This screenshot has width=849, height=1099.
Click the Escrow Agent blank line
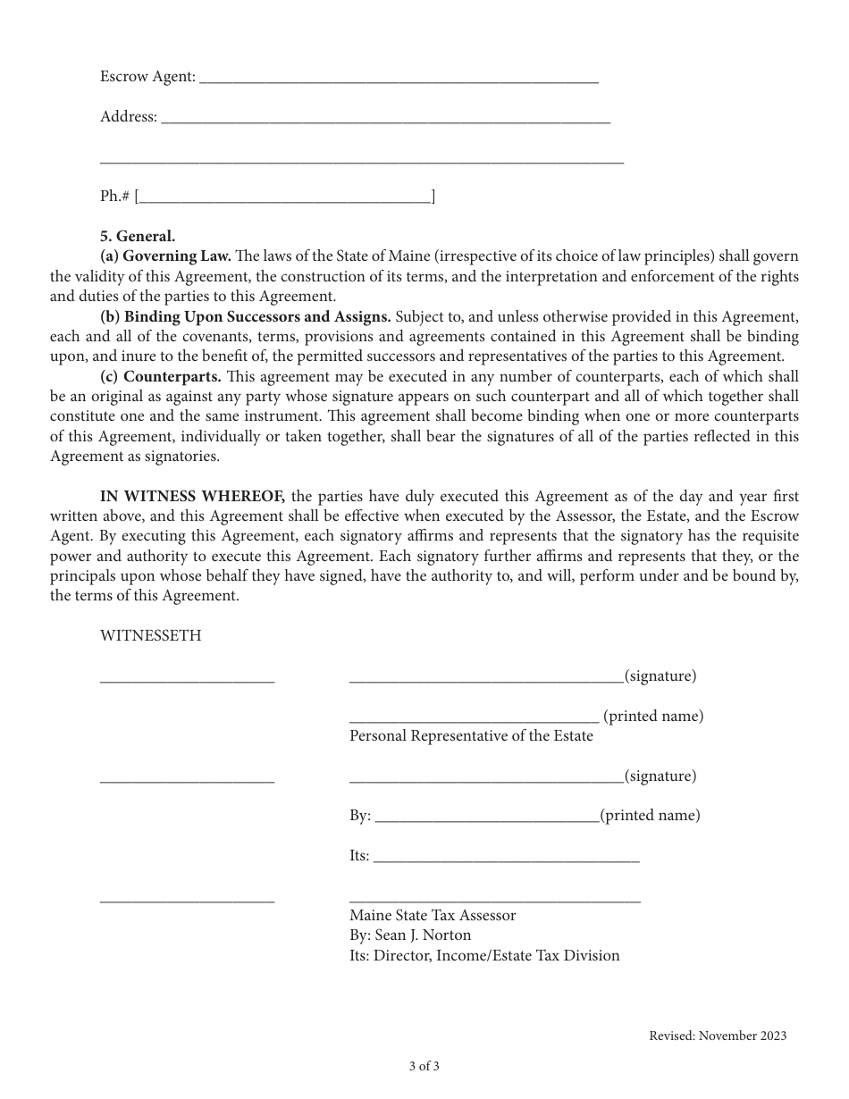pos(399,79)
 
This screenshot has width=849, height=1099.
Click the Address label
pos(128,117)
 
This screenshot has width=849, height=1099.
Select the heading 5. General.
pos(138,237)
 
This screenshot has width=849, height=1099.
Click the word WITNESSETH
pos(150,636)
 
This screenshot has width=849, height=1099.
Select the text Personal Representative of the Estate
pos(471,736)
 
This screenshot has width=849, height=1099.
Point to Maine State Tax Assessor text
pos(433,916)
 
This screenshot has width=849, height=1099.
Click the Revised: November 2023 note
pos(718,1036)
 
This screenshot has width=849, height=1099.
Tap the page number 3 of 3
pos(424,1066)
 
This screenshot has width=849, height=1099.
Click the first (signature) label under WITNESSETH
pos(660,676)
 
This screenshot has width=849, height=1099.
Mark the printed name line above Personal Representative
pos(474,717)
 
